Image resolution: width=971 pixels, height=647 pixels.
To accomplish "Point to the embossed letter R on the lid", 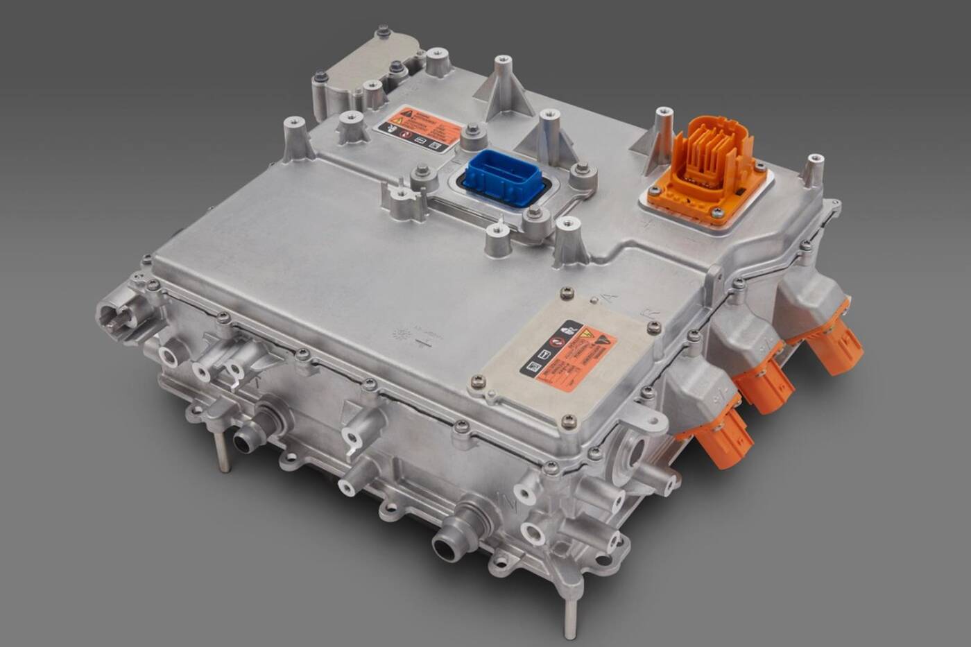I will (653, 312).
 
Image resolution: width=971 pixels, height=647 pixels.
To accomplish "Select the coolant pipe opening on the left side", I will (243, 439).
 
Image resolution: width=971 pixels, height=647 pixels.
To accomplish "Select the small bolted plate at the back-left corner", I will (375, 56).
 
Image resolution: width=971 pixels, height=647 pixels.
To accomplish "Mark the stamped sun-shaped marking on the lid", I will (402, 334).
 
